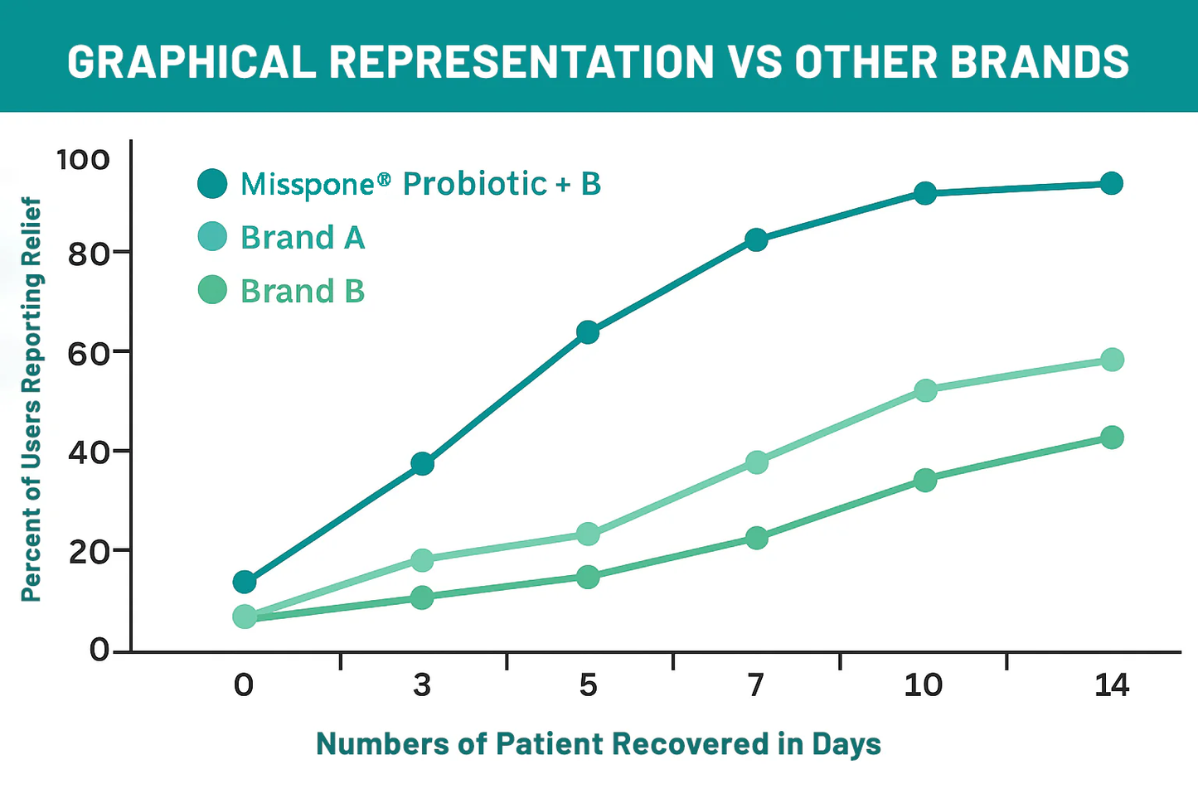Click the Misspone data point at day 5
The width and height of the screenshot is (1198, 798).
click(588, 332)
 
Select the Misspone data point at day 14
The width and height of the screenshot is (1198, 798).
click(1112, 183)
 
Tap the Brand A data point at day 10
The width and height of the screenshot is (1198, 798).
click(925, 390)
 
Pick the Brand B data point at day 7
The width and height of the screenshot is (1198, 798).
click(756, 539)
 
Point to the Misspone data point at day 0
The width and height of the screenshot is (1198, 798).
click(245, 582)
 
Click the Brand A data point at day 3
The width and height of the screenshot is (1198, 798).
click(422, 560)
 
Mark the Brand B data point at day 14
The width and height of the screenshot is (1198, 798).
click(1112, 438)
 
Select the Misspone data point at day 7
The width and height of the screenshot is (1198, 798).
click(756, 240)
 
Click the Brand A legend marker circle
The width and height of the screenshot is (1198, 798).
click(213, 237)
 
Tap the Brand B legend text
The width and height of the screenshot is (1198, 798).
click(303, 292)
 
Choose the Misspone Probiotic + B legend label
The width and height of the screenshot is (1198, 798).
click(420, 184)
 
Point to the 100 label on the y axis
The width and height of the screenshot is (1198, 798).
click(82, 159)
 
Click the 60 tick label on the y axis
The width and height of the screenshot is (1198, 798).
click(89, 353)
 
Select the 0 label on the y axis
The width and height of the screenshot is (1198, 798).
click(99, 650)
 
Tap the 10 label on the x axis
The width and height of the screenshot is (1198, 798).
click(924, 685)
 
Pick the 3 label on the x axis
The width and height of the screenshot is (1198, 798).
click(422, 685)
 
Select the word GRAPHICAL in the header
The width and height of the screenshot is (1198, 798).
click(192, 61)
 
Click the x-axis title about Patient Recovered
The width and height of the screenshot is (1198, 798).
click(599, 744)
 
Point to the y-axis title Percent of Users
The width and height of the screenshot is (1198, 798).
click(31, 399)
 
